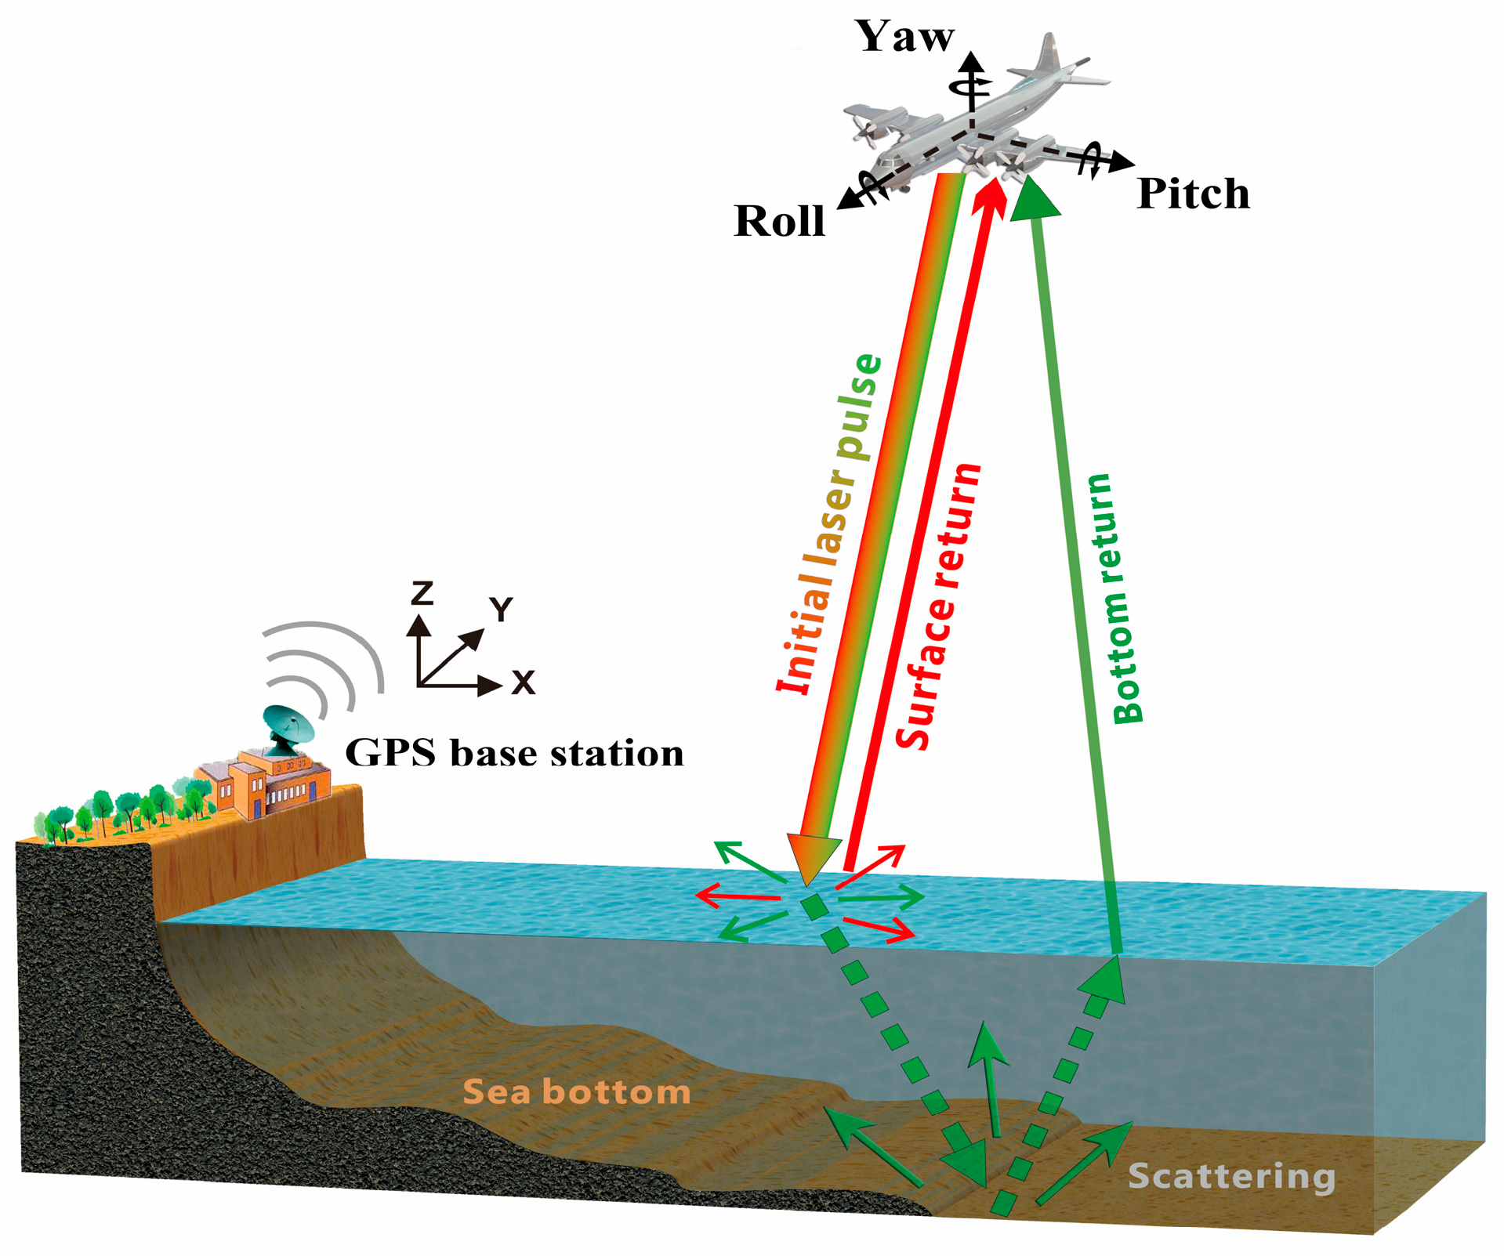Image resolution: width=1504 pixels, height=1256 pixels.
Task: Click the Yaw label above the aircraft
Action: click(x=904, y=37)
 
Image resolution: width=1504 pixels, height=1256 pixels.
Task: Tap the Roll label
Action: click(x=779, y=221)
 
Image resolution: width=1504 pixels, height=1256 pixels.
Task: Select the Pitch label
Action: click(x=1192, y=194)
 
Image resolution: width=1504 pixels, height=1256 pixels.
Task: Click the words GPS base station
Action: click(x=514, y=753)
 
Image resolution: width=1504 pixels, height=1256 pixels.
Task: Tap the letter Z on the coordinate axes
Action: click(x=422, y=593)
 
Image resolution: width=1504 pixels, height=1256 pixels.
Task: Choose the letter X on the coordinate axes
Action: click(x=523, y=682)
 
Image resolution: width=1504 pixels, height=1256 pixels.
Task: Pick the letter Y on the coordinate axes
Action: click(x=501, y=609)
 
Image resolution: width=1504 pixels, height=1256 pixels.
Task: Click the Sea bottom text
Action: click(x=576, y=1091)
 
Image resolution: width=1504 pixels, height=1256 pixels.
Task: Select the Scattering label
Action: click(x=1231, y=1176)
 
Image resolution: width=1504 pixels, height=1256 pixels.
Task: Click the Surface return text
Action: click(x=938, y=606)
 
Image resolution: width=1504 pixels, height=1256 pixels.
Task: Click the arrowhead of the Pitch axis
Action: click(x=1122, y=163)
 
